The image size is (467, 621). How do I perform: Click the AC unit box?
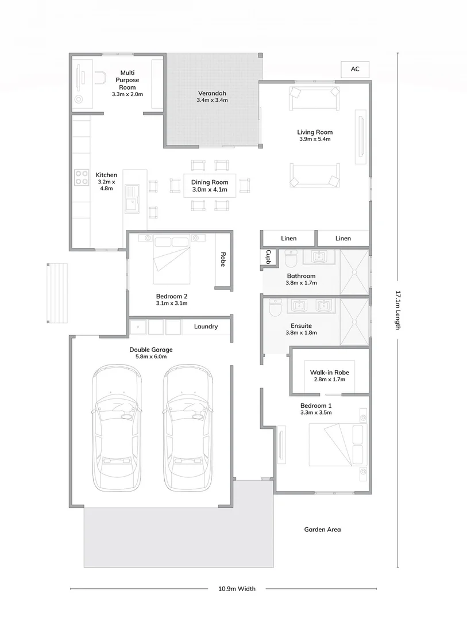pos(355,69)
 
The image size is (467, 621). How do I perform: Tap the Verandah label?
pos(212,93)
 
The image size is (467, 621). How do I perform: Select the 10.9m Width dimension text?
pos(237,589)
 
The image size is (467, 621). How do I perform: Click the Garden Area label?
pos(322,530)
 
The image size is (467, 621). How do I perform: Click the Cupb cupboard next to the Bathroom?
pos(268,258)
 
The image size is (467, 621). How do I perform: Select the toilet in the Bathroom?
pos(291,260)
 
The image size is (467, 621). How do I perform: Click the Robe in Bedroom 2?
pos(223,260)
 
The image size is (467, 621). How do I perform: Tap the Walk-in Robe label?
pos(329,372)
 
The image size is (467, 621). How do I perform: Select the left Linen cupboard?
pos(288,238)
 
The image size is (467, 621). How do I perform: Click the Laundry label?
pos(206,327)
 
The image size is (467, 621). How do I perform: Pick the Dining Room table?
pos(210,185)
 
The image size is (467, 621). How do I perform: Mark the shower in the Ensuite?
pos(354,321)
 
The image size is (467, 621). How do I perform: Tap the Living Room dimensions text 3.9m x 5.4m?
pos(315,139)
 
